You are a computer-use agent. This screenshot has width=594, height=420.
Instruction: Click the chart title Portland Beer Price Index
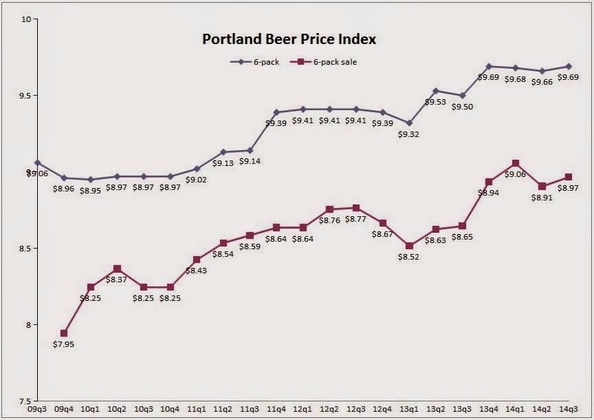(x=289, y=39)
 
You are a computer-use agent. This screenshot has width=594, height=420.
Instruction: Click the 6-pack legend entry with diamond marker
(x=253, y=62)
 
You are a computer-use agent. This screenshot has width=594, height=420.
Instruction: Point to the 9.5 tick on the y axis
(x=26, y=96)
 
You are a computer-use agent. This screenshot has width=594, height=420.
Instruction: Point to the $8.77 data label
(x=355, y=220)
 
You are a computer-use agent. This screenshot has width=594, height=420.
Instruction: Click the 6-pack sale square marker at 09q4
(x=64, y=333)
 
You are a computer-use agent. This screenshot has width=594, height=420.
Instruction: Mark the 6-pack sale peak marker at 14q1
(x=516, y=163)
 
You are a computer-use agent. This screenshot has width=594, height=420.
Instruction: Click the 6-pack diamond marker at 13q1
(x=410, y=123)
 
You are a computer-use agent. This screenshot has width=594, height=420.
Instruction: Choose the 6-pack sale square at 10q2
(x=117, y=269)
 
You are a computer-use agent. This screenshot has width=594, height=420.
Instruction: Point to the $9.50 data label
(x=463, y=108)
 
